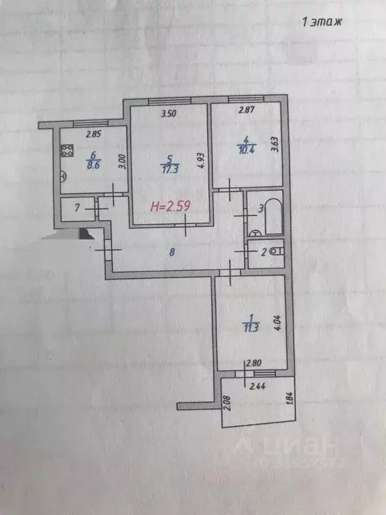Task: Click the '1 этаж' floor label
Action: click(x=322, y=22)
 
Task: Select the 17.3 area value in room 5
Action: click(x=170, y=169)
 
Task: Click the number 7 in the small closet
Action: click(x=77, y=209)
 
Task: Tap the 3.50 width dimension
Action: click(x=168, y=114)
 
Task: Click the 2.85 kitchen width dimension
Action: click(x=93, y=133)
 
